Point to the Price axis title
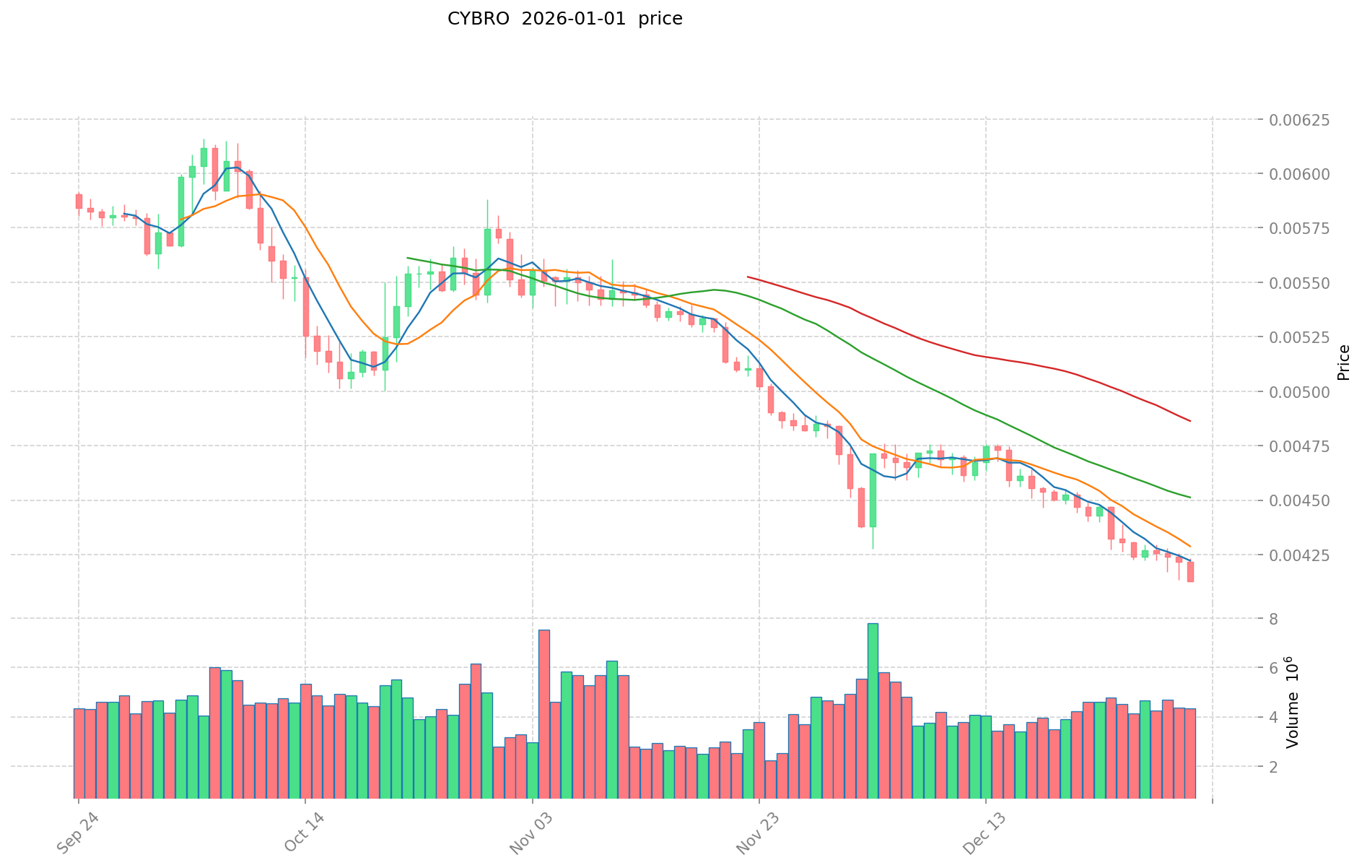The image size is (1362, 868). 1343,363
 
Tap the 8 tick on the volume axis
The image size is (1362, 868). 1274,619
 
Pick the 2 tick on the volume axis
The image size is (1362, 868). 1274,766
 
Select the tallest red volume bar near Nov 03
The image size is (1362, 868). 544,713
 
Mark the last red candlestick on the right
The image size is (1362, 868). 1190,572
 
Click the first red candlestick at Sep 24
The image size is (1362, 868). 79,201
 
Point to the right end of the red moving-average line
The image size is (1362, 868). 1190,421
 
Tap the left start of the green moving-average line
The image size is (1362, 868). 408,258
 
